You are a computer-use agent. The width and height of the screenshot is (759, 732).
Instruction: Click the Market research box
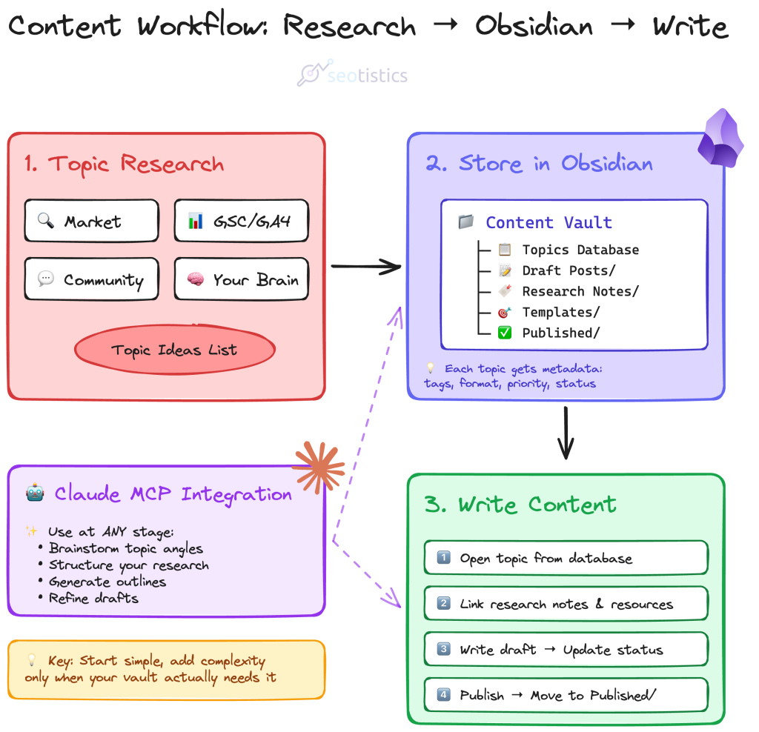[91, 221]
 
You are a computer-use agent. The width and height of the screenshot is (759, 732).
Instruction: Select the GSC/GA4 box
[241, 221]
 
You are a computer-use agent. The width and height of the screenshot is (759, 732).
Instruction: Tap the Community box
[91, 279]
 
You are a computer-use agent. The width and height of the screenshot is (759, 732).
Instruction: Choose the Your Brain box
[241, 279]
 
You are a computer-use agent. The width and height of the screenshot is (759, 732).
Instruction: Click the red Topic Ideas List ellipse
[175, 350]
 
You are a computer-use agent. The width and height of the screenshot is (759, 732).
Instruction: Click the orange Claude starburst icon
[319, 468]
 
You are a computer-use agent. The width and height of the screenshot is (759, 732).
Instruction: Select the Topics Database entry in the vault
[580, 250]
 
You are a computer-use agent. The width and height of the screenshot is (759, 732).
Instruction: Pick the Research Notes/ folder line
[580, 291]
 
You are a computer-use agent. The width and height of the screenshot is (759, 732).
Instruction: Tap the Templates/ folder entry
[560, 312]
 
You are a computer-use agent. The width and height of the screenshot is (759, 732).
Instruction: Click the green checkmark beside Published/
[505, 333]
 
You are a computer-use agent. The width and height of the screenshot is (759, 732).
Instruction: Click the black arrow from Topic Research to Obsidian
[365, 266]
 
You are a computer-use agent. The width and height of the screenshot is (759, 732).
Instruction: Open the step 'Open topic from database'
[566, 557]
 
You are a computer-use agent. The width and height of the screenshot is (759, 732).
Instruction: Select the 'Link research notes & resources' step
[566, 603]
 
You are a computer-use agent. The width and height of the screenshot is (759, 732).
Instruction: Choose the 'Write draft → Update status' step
[566, 649]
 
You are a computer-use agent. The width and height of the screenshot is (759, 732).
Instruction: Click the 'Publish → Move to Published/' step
[566, 695]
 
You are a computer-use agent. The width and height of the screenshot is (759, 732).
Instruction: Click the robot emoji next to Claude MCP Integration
[35, 493]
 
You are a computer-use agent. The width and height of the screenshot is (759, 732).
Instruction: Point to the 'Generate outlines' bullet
[107, 582]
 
